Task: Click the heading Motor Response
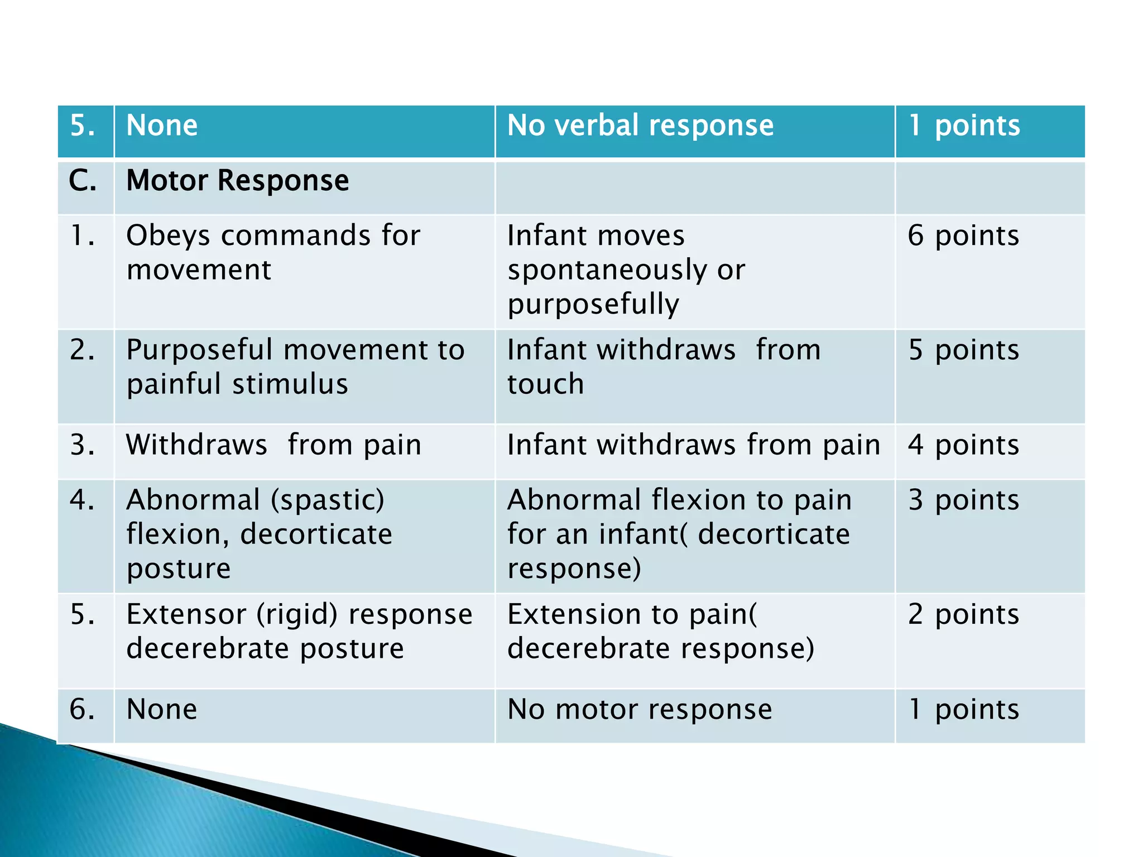(237, 181)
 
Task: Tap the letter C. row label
(83, 181)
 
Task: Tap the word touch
(545, 384)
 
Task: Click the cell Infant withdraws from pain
(693, 445)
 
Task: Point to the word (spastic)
(328, 499)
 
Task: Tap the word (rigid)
(297, 614)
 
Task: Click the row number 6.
(82, 709)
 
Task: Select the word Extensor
(186, 614)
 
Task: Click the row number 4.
(82, 499)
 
